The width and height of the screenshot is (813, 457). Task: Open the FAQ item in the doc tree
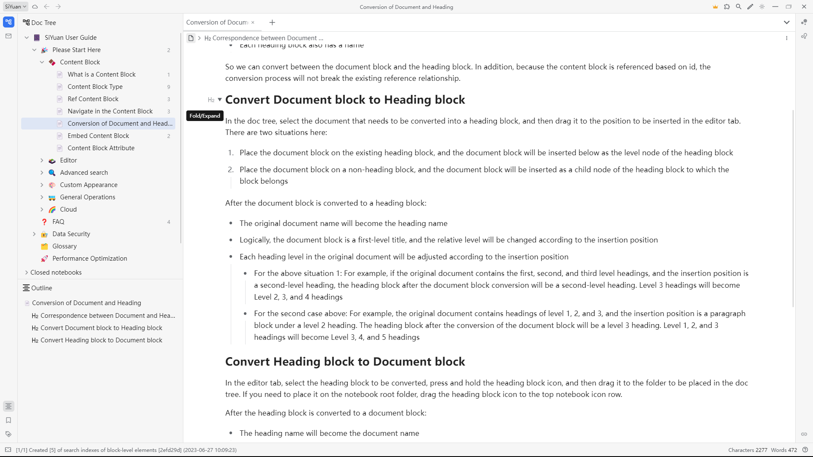(x=58, y=222)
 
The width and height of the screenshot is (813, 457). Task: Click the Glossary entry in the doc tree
(x=64, y=246)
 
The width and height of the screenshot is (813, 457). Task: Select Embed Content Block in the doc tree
(x=98, y=136)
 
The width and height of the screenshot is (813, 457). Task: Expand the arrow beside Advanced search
(x=42, y=173)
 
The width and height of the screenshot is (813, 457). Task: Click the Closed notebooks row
(x=56, y=273)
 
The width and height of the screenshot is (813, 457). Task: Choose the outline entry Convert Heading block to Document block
(x=101, y=340)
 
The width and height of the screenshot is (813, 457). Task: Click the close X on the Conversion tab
(x=253, y=22)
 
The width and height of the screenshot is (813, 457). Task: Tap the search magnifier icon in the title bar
(x=738, y=7)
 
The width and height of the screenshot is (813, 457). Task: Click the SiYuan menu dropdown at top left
(x=16, y=7)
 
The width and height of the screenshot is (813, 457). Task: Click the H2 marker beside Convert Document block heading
(x=211, y=100)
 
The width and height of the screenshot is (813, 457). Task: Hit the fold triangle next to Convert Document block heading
(x=220, y=100)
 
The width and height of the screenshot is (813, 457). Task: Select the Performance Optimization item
(x=89, y=259)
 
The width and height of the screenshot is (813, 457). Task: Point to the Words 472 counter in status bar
(x=784, y=450)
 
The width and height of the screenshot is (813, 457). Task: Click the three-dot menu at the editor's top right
(x=787, y=38)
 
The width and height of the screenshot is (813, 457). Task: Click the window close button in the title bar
(x=804, y=7)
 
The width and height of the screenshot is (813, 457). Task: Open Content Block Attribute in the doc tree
(x=101, y=148)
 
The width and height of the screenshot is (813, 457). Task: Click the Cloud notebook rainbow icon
(x=52, y=209)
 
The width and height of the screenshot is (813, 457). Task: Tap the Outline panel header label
(x=41, y=288)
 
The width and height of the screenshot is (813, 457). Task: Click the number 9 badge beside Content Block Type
(x=169, y=87)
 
